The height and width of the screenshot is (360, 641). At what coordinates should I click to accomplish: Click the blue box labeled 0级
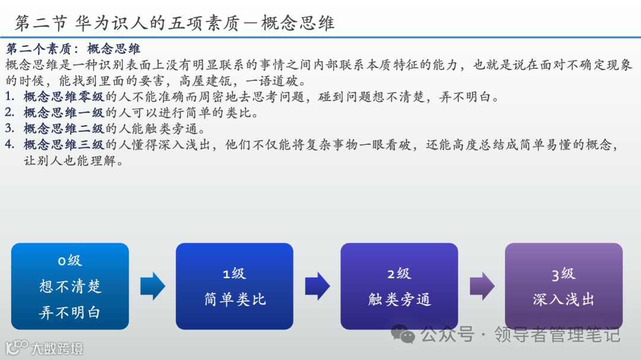click(x=70, y=286)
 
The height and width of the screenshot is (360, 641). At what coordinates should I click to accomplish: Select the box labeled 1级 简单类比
click(x=234, y=286)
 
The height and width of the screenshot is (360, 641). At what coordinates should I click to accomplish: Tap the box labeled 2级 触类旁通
click(x=399, y=286)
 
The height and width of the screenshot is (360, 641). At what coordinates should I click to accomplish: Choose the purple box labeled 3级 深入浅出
click(x=563, y=286)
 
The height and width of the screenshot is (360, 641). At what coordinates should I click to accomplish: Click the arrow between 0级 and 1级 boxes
click(x=153, y=286)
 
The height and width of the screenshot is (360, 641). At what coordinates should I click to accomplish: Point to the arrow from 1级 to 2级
click(x=317, y=286)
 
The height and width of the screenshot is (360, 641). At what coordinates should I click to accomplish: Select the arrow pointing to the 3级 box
click(x=481, y=286)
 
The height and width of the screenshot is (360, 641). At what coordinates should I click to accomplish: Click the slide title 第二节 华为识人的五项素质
click(x=174, y=23)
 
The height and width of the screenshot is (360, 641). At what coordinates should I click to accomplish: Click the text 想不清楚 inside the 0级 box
click(x=70, y=286)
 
